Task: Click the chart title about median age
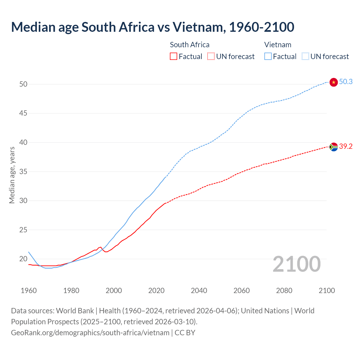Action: [152, 27]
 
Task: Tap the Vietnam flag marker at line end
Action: [334, 82]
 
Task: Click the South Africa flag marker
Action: [334, 147]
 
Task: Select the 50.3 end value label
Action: [346, 82]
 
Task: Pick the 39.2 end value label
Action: [346, 146]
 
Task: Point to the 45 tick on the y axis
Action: [23, 113]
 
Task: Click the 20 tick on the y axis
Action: [23, 259]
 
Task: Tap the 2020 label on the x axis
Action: [156, 291]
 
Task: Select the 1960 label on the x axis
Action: [29, 291]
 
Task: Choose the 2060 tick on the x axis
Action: [242, 291]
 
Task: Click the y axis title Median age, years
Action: [12, 175]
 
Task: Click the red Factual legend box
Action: [174, 56]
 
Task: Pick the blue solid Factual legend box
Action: [268, 56]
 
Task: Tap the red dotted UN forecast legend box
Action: [211, 56]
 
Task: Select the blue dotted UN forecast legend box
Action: [305, 56]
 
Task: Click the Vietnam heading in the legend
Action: [278, 45]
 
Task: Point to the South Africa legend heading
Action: [190, 45]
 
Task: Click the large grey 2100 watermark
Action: [296, 264]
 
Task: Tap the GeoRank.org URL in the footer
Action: [90, 332]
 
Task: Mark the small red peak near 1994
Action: [101, 247]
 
